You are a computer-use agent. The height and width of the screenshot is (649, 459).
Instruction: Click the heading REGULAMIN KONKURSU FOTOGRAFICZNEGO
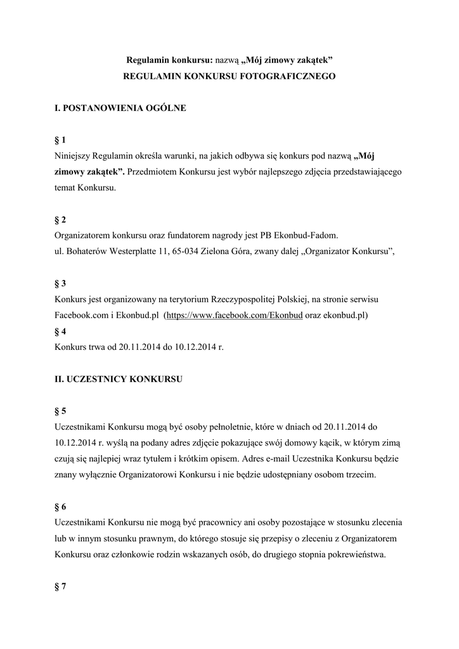coord(229,76)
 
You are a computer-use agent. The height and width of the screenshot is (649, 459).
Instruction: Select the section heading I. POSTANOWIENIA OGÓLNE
coord(120,108)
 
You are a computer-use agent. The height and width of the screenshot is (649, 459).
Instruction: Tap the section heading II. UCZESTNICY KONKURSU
coord(119,379)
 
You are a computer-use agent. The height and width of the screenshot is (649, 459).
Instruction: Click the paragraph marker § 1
coord(61,139)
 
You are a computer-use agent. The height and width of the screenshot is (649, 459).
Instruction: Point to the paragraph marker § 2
coord(61,219)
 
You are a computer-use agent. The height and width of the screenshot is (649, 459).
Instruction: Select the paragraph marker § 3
coord(61,283)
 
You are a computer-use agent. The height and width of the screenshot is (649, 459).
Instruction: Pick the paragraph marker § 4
coord(61,331)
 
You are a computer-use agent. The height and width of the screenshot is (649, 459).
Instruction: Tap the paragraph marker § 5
coord(61,411)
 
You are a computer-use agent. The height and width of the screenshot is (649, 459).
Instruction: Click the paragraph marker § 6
coord(61,506)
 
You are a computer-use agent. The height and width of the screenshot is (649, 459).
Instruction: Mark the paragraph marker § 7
coord(61,586)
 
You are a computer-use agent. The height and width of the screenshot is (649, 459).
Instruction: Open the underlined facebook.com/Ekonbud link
coord(234,315)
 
